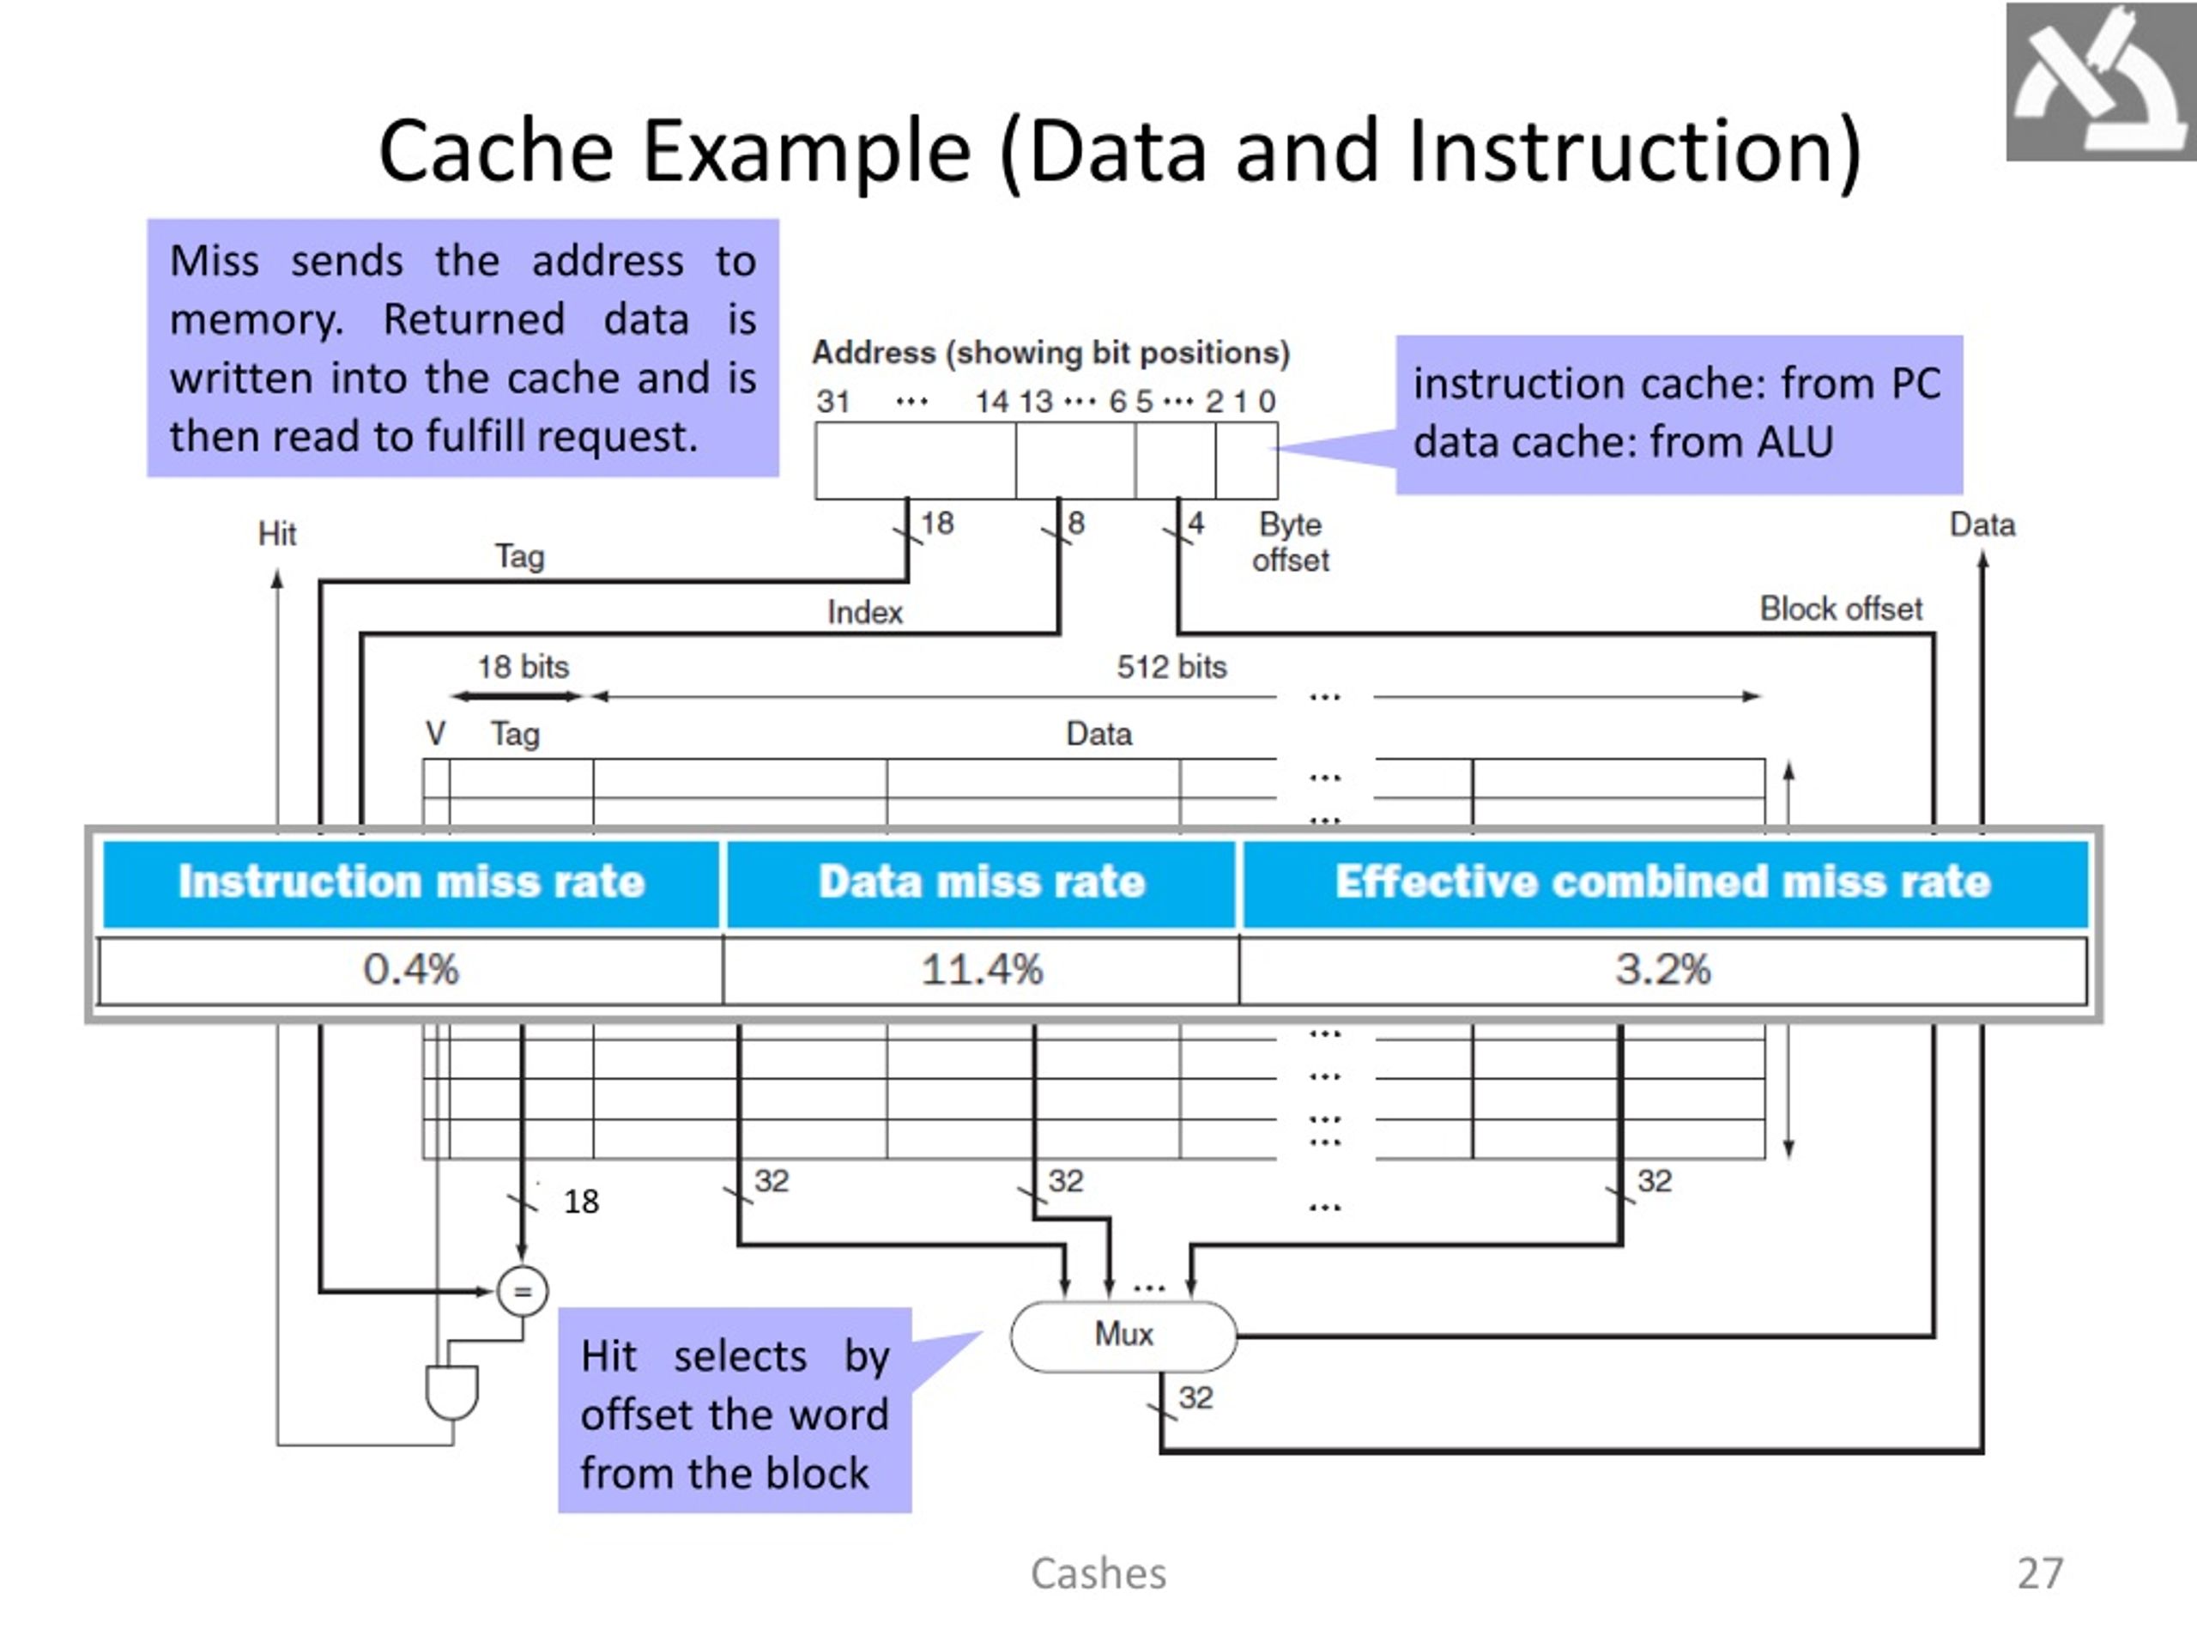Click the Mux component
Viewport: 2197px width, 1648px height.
click(1123, 1335)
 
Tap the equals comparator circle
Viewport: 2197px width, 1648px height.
click(522, 1292)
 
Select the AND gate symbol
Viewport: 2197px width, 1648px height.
click(452, 1390)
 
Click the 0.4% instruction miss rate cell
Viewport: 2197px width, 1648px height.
click(411, 970)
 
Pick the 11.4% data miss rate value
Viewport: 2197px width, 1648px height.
click(981, 970)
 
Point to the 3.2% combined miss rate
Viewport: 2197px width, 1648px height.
click(1662, 970)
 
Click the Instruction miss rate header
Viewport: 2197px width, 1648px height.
click(411, 882)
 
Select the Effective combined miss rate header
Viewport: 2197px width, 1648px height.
click(1662, 882)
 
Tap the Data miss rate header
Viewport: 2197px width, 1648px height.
click(981, 882)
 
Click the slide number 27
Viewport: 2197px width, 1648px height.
click(2040, 1573)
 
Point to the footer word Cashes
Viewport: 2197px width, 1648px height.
click(1098, 1573)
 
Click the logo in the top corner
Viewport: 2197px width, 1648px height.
click(2100, 82)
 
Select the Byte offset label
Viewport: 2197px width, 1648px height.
click(1289, 542)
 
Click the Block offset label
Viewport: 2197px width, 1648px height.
click(1841, 608)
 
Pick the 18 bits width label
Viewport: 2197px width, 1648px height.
click(524, 667)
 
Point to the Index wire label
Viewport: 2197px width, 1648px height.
click(865, 612)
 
